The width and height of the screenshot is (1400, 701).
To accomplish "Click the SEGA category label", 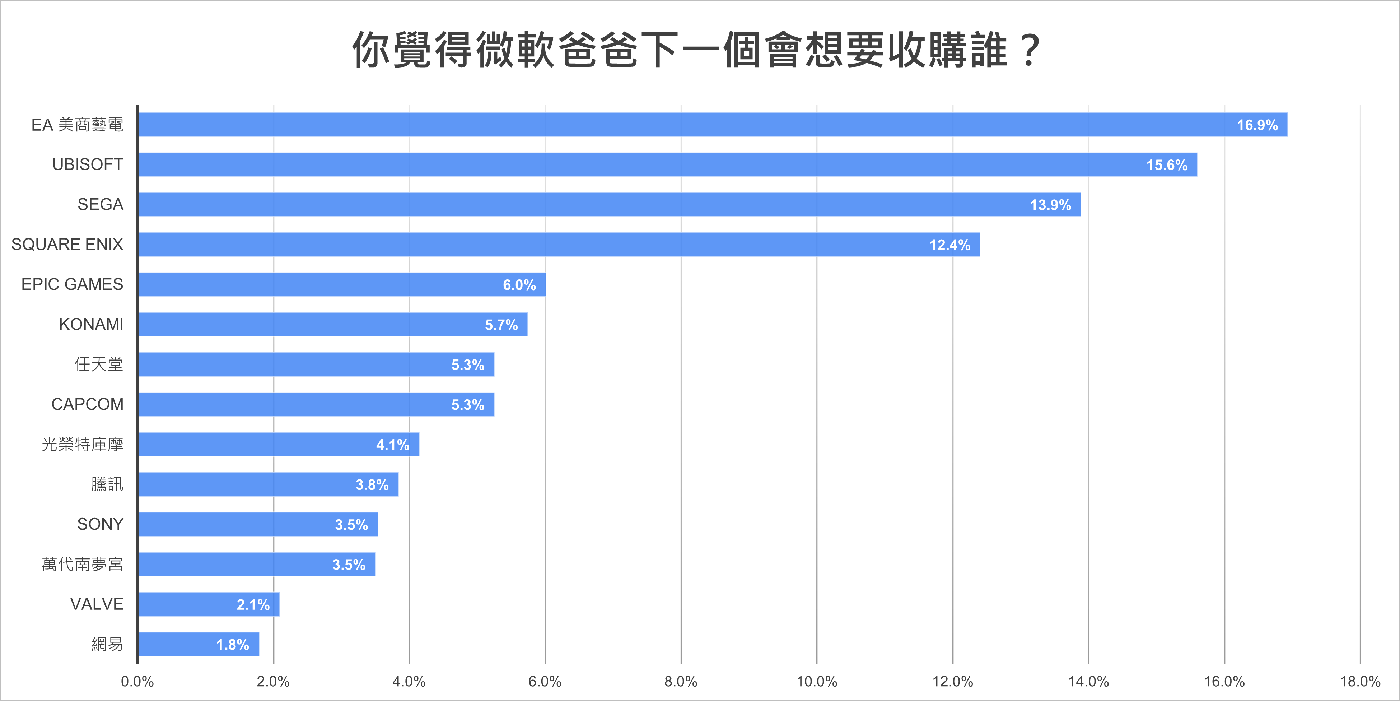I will point(100,204).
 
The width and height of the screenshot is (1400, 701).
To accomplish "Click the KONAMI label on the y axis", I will point(91,325).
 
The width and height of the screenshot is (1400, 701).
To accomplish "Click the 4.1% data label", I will point(392,445).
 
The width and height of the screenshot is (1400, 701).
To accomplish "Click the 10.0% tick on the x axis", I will point(816,681).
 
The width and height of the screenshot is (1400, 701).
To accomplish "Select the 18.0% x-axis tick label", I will point(1360,681).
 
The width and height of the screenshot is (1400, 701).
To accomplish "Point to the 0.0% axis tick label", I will point(137,681).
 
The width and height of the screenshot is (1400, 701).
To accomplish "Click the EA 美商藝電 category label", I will point(77,125).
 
